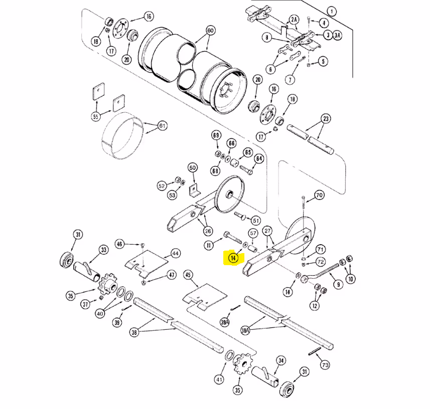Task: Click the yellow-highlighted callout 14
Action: point(233,258)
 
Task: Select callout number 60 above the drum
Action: point(210,30)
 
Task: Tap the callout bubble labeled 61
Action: point(163,126)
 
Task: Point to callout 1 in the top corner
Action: point(332,12)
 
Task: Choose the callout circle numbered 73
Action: point(325,365)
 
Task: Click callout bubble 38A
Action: point(245,331)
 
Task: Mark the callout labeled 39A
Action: point(225,322)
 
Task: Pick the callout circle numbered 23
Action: point(326,119)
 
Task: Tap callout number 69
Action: point(216,135)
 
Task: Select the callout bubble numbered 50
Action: point(193,167)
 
